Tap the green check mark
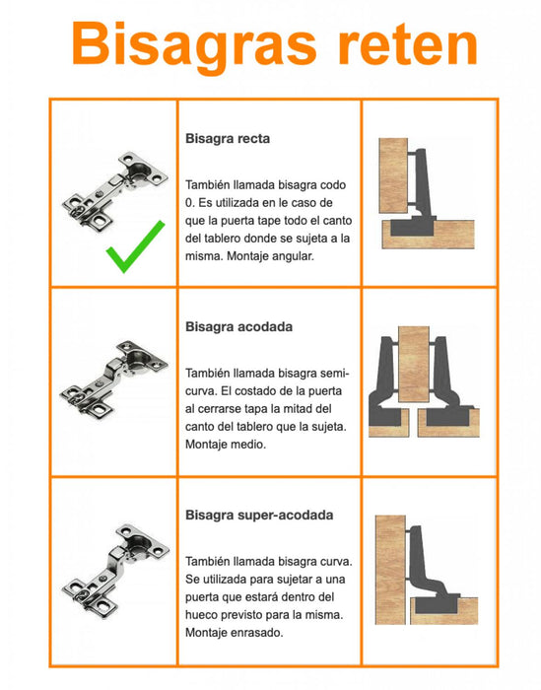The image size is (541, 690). (x=135, y=246)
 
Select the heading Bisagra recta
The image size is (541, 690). (x=228, y=139)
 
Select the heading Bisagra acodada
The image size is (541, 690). (x=238, y=327)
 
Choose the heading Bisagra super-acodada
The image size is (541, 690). (x=259, y=516)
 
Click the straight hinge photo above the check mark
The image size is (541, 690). (x=115, y=190)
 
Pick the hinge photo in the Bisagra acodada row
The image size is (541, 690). (x=114, y=379)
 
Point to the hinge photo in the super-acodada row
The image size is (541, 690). (x=115, y=571)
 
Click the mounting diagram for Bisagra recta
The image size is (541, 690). (x=427, y=193)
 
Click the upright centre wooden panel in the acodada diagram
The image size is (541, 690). (x=414, y=364)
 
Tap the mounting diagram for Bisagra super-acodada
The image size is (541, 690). (x=427, y=570)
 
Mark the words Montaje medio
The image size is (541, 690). (x=226, y=445)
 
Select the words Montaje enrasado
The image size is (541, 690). (x=234, y=633)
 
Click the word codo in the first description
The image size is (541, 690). (x=333, y=185)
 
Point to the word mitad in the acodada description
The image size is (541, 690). (x=304, y=408)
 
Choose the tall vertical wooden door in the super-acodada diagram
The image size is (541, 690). (x=390, y=570)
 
